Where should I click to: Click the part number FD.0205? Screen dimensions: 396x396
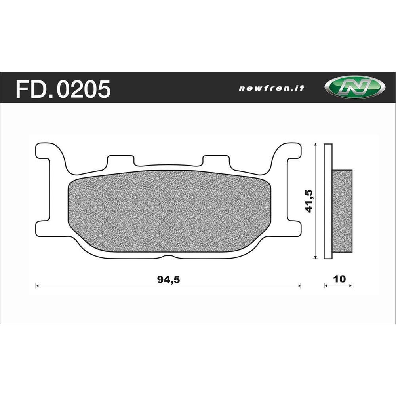coord(63,89)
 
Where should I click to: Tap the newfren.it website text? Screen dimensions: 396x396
coord(272,88)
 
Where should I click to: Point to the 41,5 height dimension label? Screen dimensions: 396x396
coord(309,201)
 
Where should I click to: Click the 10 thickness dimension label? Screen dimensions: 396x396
coord(339,279)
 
